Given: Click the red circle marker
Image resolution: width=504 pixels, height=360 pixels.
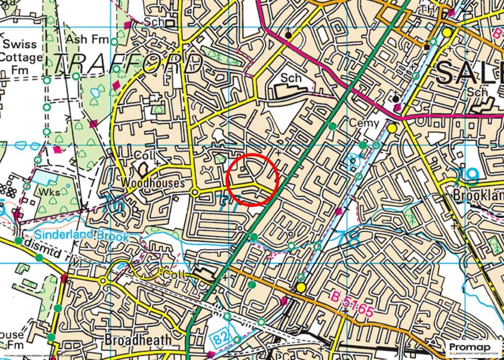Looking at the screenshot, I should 253,179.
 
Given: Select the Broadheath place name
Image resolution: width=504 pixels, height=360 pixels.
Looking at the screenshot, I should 138,340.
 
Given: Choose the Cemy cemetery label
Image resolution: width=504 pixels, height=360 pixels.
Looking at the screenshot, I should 365,123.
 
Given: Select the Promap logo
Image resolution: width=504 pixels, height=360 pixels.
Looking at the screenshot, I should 473,348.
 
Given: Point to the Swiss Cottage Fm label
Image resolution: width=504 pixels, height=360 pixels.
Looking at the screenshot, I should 21,57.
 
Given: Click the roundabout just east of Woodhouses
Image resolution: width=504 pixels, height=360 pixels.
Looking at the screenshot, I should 195,193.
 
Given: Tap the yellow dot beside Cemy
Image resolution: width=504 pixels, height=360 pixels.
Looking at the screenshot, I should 392,129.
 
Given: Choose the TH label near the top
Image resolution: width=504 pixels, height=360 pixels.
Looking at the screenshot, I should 426,10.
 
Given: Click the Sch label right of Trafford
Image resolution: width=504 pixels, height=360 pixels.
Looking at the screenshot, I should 291,78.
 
